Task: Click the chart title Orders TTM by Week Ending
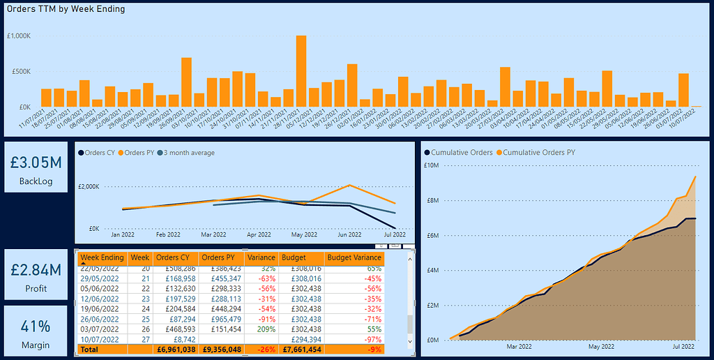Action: [x=66, y=9]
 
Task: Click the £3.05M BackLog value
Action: [x=36, y=162]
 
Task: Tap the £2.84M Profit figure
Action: [x=36, y=269]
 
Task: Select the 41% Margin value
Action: [x=36, y=327]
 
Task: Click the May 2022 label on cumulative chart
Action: [x=601, y=345]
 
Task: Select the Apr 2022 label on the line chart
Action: [x=259, y=235]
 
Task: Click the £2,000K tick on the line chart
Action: [x=89, y=186]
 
